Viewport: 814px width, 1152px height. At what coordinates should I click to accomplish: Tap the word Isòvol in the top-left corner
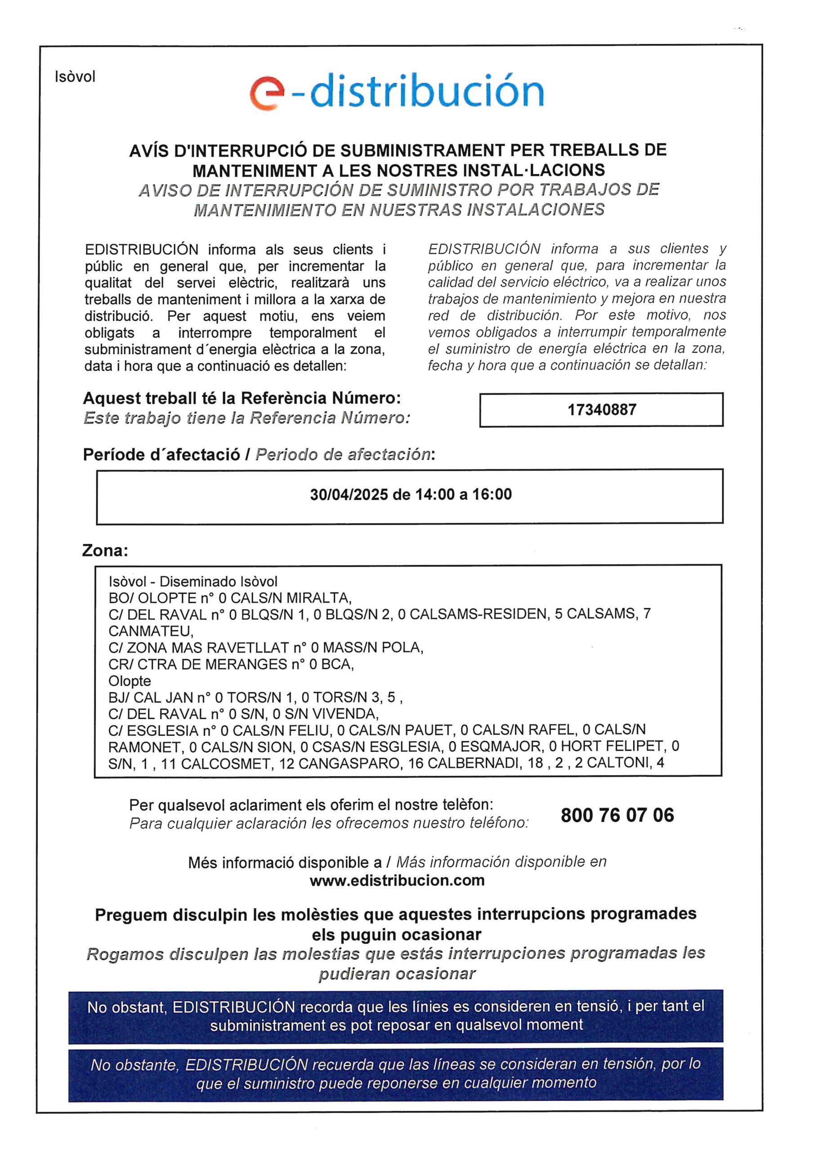75,77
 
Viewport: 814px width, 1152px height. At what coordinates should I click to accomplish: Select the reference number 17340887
601,410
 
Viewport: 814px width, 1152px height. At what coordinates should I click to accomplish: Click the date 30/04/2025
349,495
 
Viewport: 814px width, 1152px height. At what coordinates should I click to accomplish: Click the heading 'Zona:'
105,550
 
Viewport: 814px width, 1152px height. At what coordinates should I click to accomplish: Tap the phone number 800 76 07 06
617,815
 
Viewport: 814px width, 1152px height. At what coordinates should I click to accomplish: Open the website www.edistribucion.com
397,880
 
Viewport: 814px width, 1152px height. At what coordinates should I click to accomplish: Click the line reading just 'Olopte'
130,681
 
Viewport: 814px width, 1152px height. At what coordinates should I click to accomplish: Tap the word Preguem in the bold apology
130,915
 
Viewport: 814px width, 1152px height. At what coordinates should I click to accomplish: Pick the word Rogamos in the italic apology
118,954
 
